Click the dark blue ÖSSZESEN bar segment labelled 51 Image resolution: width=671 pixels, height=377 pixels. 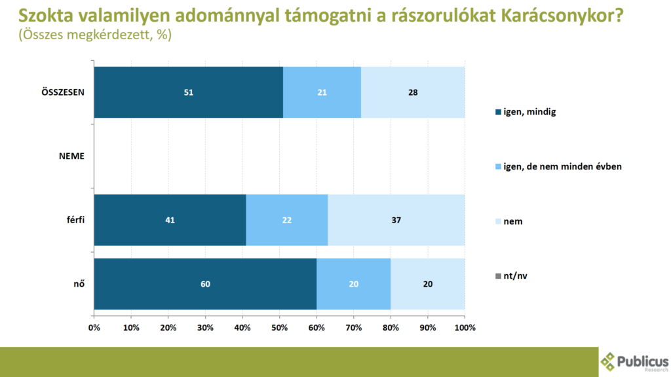(188, 92)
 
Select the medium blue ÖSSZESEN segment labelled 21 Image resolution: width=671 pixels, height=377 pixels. (322, 92)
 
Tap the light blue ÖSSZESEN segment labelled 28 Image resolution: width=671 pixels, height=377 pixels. (413, 92)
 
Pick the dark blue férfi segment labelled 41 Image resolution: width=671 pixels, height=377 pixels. (170, 221)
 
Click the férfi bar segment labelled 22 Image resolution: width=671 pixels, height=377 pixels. (287, 221)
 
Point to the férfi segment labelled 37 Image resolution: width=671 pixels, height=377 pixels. (396, 221)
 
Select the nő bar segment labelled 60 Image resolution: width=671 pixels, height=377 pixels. (205, 284)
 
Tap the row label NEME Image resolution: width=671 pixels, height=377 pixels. (71, 156)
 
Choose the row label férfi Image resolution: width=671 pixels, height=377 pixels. (75, 221)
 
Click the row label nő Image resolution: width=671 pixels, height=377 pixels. (79, 284)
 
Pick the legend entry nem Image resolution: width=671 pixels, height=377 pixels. (513, 221)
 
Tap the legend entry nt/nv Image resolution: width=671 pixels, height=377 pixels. (515, 276)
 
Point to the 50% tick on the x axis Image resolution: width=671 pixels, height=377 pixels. (279, 327)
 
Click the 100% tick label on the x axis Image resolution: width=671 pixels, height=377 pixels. (464, 327)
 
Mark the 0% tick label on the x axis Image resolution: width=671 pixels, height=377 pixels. (94, 327)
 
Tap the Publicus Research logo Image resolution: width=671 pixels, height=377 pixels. (634, 362)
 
